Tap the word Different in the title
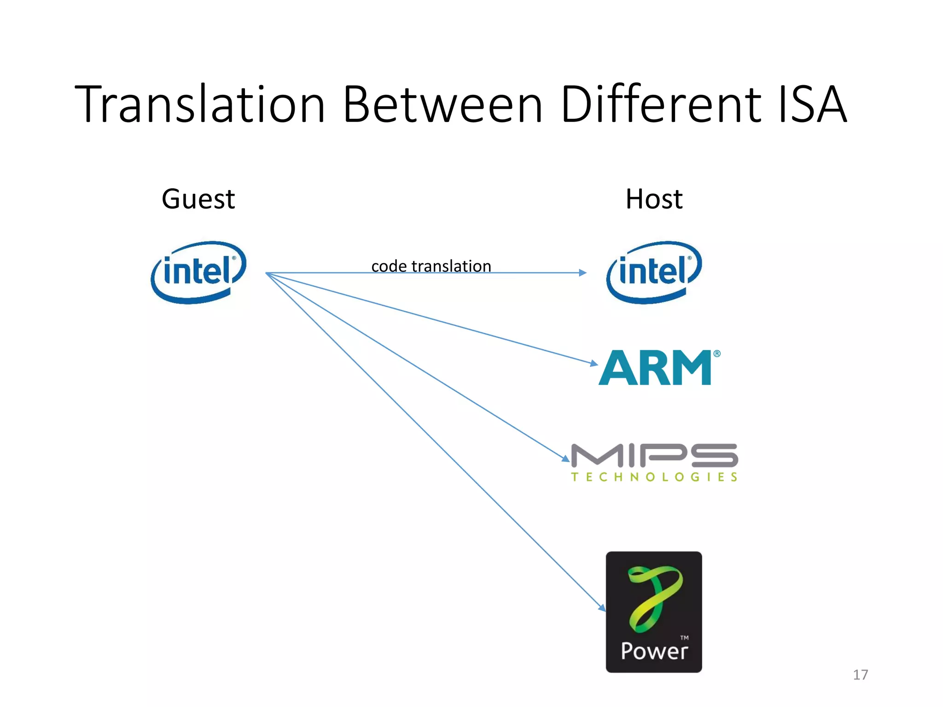(x=661, y=104)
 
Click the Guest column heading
(x=198, y=199)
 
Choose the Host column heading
(x=654, y=199)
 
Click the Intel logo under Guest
(x=198, y=272)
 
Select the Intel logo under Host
(x=654, y=272)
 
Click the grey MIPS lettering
(x=654, y=455)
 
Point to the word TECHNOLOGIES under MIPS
(x=654, y=477)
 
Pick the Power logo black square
(x=654, y=612)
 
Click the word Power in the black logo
(x=654, y=651)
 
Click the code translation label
(x=431, y=266)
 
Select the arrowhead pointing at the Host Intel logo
(x=583, y=273)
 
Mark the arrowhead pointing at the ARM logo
(x=594, y=363)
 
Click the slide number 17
(x=860, y=675)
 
